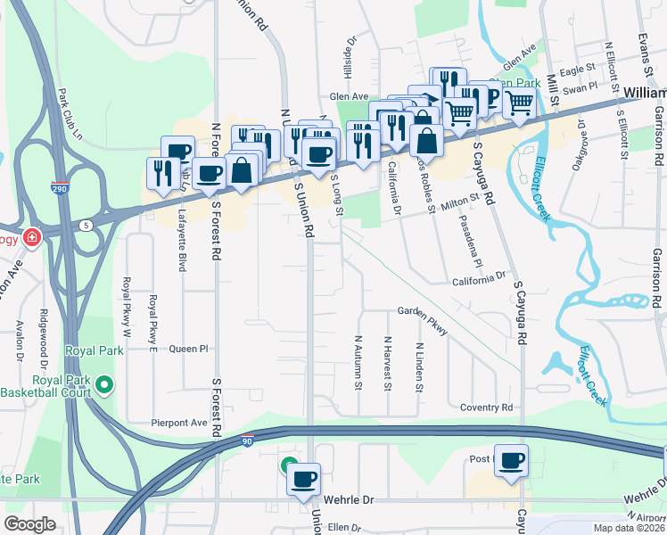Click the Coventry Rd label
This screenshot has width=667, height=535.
pyautogui.click(x=487, y=407)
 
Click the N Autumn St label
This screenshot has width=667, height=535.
pyautogui.click(x=358, y=362)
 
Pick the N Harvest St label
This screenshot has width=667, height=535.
pyautogui.click(x=388, y=362)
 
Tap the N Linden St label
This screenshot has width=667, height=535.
pyautogui.click(x=418, y=367)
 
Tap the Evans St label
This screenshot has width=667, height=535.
pyautogui.click(x=642, y=53)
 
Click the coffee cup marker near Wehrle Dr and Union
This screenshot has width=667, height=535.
pyautogui.click(x=303, y=479)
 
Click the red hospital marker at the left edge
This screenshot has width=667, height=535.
pyautogui.click(x=33, y=237)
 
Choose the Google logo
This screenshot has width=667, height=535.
pyautogui.click(x=30, y=524)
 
